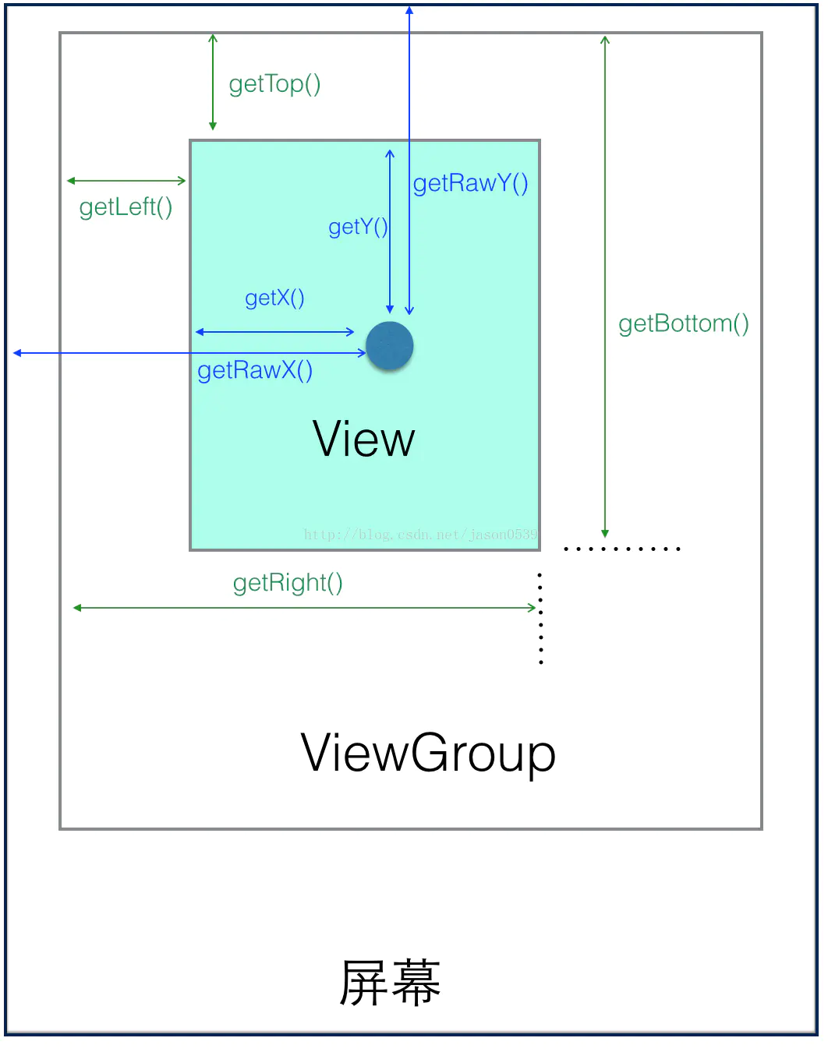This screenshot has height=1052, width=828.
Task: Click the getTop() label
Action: [274, 83]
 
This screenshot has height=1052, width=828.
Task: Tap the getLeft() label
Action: [126, 207]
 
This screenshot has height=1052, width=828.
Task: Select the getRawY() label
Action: [470, 183]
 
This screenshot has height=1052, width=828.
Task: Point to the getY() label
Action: [358, 227]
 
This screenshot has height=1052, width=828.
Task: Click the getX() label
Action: [274, 298]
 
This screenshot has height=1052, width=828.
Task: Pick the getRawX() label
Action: [255, 370]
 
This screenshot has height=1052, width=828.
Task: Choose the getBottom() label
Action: [683, 323]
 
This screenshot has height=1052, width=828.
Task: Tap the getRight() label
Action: [288, 583]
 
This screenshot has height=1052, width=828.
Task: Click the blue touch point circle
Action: [390, 345]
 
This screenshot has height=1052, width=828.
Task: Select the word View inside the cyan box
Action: [363, 439]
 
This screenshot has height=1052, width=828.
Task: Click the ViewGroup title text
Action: [428, 754]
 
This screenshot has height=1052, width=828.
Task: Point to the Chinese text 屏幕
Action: [390, 983]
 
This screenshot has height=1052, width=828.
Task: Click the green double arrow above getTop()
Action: [213, 82]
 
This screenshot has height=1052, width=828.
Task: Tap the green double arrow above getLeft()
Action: [126, 181]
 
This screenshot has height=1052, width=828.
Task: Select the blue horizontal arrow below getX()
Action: [274, 332]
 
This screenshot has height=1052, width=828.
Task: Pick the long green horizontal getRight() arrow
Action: [304, 608]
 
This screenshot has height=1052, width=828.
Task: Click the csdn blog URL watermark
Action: [420, 535]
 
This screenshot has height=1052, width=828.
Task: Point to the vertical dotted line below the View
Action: [540, 619]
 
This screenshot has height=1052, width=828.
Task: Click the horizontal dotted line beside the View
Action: [621, 549]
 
